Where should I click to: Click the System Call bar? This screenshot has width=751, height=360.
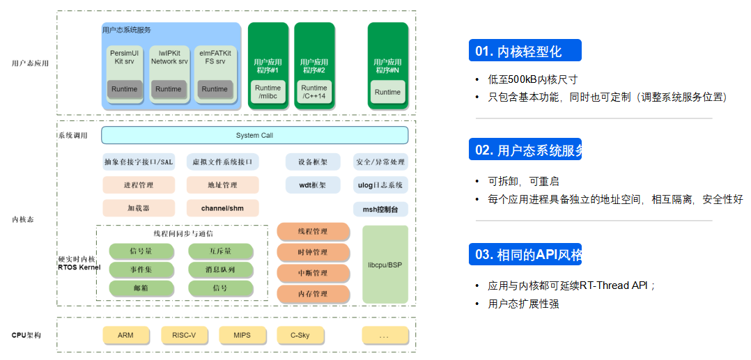254,135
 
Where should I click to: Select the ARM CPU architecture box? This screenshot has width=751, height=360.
125,335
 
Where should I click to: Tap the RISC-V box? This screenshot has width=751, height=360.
184,335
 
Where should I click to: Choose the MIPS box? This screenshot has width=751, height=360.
242,335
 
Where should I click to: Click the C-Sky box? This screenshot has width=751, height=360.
300,335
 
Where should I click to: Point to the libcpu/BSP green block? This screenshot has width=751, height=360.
385,265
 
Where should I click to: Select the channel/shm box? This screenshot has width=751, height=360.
222,208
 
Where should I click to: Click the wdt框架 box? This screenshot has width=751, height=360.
313,185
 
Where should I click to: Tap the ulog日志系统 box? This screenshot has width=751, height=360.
380,185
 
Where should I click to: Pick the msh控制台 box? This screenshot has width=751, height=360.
380,209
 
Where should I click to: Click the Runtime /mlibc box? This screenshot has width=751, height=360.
268,92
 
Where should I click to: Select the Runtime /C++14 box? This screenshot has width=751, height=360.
313,92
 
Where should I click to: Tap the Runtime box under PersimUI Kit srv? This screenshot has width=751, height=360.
125,89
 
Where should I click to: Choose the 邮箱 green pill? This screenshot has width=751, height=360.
141,288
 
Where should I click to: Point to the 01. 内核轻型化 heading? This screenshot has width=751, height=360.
524,51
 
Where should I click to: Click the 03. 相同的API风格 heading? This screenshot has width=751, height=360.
524,254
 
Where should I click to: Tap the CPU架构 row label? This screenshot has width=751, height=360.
26,335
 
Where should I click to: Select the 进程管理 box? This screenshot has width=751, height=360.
138,185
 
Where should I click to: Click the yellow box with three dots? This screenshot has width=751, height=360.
385,335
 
